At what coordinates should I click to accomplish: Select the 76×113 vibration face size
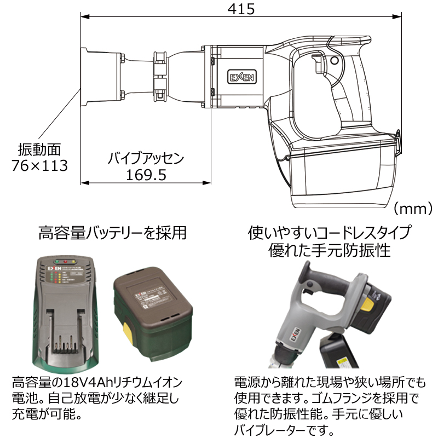[x=40, y=165]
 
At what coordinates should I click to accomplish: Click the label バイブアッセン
[x=146, y=159]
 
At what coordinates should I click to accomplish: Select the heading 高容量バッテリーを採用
[x=112, y=234]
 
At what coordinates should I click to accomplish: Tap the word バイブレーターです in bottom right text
[x=284, y=428]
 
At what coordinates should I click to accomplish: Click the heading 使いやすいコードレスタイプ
[x=330, y=233]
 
